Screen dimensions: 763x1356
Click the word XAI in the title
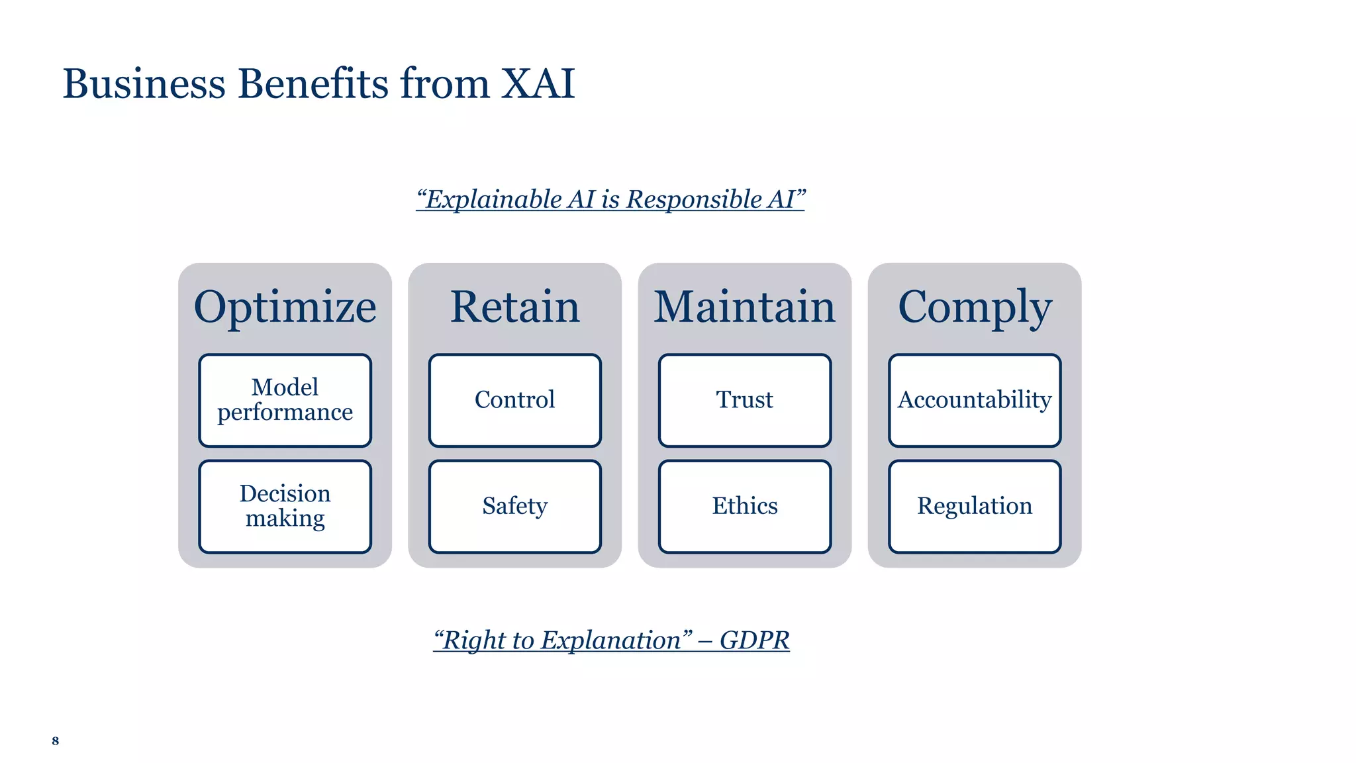(x=538, y=84)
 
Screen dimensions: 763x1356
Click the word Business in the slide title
(x=144, y=84)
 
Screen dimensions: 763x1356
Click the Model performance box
(x=285, y=400)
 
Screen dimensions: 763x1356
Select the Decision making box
(x=285, y=506)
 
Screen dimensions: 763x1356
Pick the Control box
(x=514, y=400)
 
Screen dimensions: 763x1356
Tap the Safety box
(x=514, y=506)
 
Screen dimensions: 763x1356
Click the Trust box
(x=744, y=400)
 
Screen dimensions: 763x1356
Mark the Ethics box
(x=744, y=506)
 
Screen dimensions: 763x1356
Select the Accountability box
(x=974, y=400)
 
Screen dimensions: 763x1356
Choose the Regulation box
(x=974, y=506)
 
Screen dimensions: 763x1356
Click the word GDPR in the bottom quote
(x=754, y=640)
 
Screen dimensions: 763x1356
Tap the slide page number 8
(x=56, y=740)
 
